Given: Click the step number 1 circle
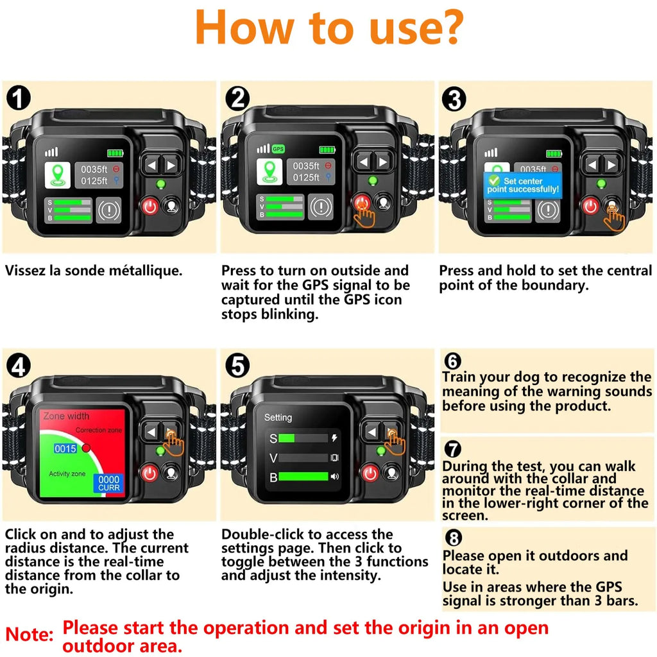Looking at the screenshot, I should click(18, 99).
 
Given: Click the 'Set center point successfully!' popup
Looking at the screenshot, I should click(522, 186).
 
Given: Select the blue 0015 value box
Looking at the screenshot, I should click(65, 448).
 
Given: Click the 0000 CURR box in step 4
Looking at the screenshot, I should click(108, 483).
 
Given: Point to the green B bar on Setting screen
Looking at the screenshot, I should click(303, 477).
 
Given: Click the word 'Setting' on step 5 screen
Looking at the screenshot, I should click(278, 418).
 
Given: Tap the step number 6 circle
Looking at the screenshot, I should click(452, 361).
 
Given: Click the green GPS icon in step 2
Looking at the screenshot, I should click(278, 149).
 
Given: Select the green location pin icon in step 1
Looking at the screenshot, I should click(56, 175).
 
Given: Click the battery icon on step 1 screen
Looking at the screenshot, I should click(116, 153).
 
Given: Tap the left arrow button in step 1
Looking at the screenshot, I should click(151, 165).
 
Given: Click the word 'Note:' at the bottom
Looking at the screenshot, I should click(29, 635).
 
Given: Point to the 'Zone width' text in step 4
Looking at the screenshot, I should click(66, 416).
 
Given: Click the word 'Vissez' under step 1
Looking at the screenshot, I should click(25, 271).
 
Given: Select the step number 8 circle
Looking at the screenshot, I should click(452, 538).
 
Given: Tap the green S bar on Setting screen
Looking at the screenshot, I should click(286, 438).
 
